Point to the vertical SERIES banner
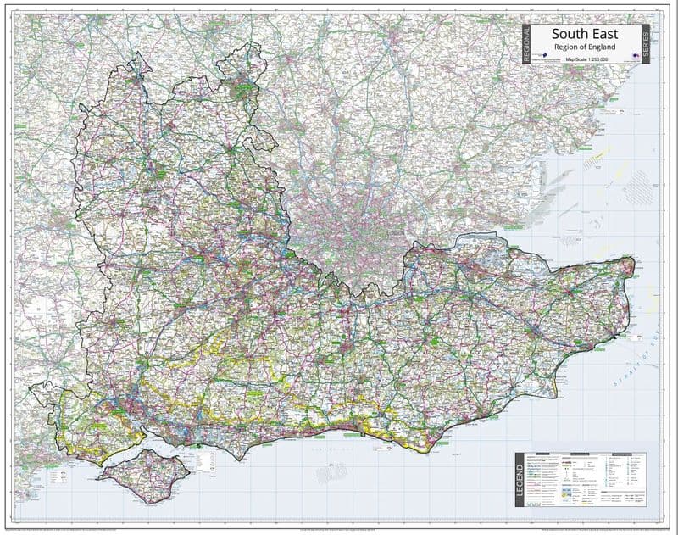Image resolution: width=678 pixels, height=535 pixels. (647, 42)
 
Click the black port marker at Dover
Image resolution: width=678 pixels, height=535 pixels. (612, 337)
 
